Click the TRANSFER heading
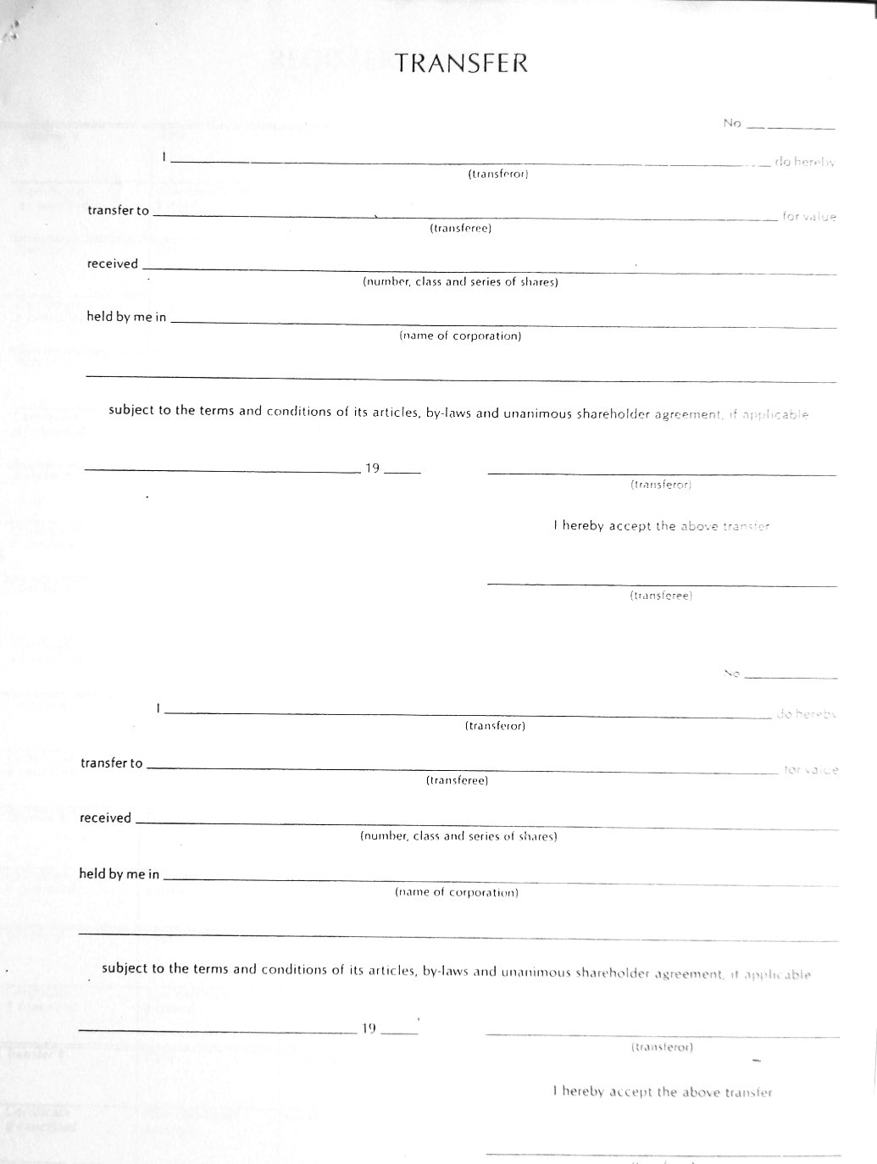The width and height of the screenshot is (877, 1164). click(462, 64)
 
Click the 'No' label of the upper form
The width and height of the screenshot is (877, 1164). click(732, 124)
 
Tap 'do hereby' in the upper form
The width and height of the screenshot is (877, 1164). click(804, 162)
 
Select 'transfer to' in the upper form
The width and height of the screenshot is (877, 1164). click(118, 211)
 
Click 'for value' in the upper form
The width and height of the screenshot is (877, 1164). click(809, 217)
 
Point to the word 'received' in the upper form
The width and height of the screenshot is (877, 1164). click(112, 263)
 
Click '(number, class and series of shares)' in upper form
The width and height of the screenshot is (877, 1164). click(460, 282)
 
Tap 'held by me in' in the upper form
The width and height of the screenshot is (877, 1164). click(126, 317)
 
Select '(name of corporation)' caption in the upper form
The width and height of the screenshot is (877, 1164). click(460, 336)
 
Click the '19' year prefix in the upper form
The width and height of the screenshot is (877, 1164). click(372, 468)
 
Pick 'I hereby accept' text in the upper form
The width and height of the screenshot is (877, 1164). click(591, 525)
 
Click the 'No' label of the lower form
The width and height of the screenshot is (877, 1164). click(732, 673)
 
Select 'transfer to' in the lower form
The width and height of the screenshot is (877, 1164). click(112, 763)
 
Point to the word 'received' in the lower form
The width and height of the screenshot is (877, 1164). click(105, 818)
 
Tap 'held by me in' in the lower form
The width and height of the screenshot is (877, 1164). click(119, 873)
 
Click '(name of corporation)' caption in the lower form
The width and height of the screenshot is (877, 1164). click(457, 892)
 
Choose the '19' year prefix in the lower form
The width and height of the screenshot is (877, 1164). click(369, 1028)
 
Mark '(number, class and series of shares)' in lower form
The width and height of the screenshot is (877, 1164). click(458, 836)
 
